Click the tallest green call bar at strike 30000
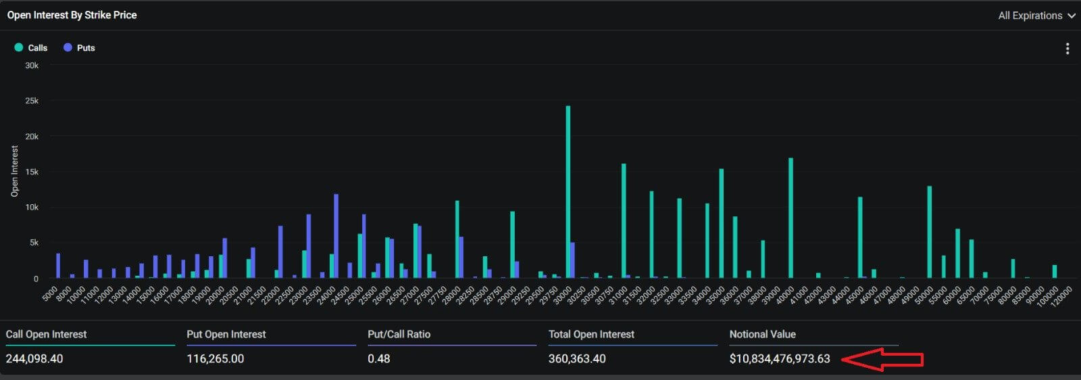(568, 192)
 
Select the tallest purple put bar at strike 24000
(336, 236)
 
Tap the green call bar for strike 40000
(790, 218)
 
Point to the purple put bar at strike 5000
(58, 266)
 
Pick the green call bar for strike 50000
(930, 232)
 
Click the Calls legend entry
(31, 48)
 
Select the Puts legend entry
(79, 48)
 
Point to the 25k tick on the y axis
(32, 101)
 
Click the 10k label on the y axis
(32, 207)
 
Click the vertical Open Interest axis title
(15, 171)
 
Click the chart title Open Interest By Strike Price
(72, 15)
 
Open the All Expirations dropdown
(1036, 16)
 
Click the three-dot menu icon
(1067, 49)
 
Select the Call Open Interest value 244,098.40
(34, 358)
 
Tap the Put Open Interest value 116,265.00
(216, 358)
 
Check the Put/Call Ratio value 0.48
(379, 358)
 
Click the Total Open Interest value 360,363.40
(577, 358)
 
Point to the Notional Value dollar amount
(780, 358)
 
